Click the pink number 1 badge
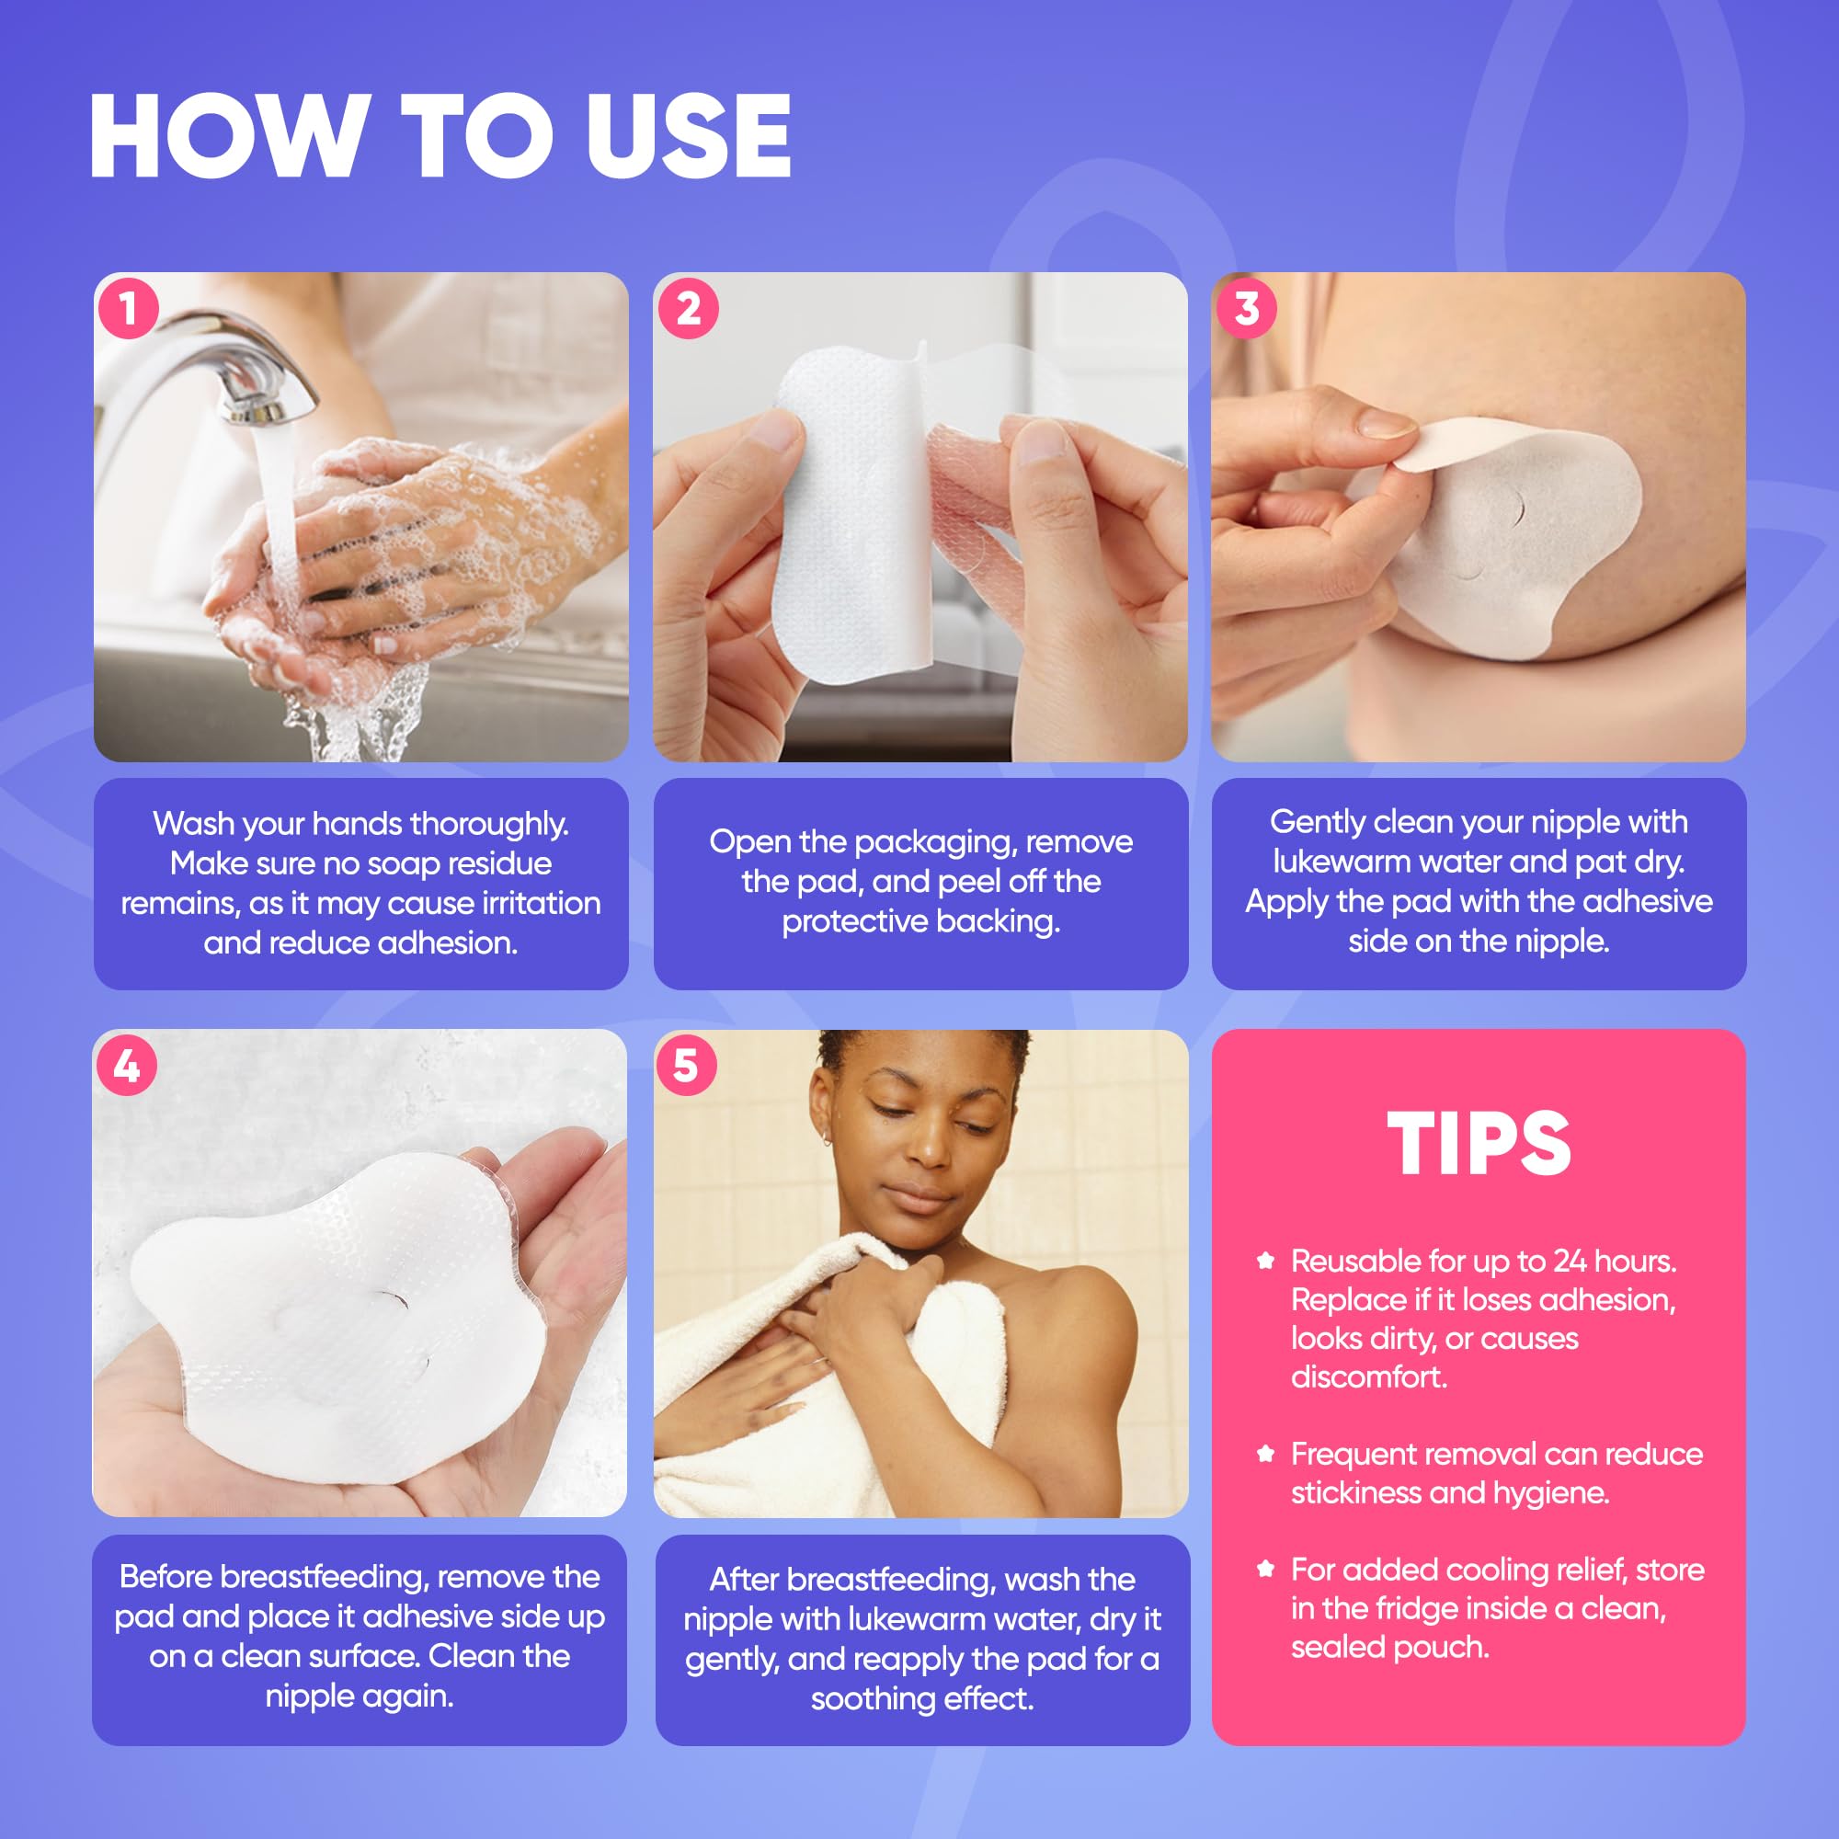tap(127, 308)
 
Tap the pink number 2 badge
tap(687, 308)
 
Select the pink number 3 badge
tap(1246, 308)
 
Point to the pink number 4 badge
tap(127, 1066)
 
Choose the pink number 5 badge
tap(685, 1066)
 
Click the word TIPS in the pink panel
tap(1479, 1143)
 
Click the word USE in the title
tap(687, 136)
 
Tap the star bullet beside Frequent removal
tap(1265, 1454)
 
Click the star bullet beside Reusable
tap(1265, 1262)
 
